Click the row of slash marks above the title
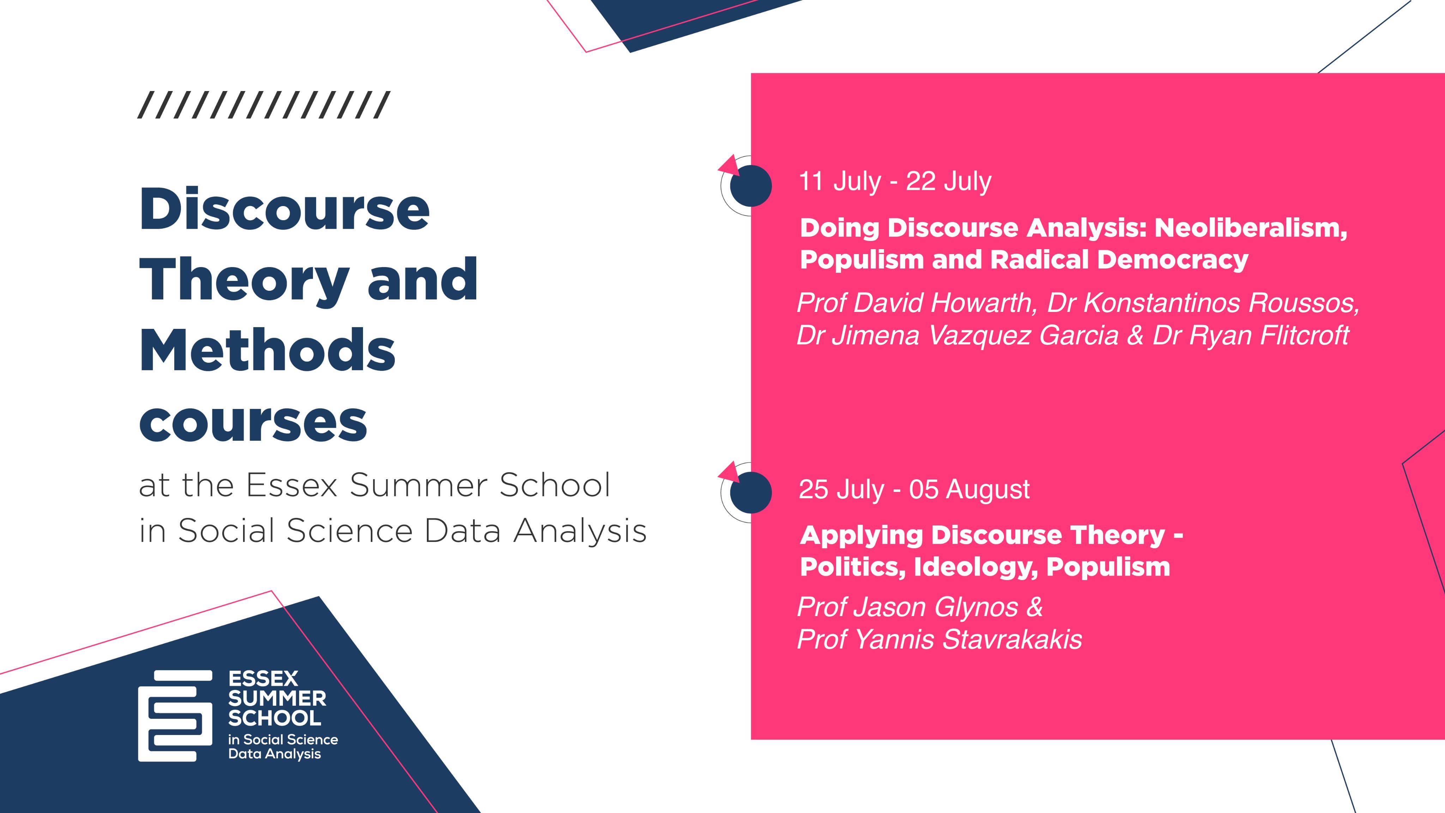(x=264, y=105)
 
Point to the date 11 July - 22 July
(x=895, y=182)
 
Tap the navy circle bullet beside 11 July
(x=751, y=186)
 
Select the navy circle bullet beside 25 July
(x=751, y=493)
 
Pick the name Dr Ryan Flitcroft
(x=1250, y=336)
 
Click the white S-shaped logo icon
(x=175, y=715)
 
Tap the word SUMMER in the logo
(x=277, y=699)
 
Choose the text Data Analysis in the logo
(x=274, y=754)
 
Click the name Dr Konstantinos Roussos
(x=1204, y=303)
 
